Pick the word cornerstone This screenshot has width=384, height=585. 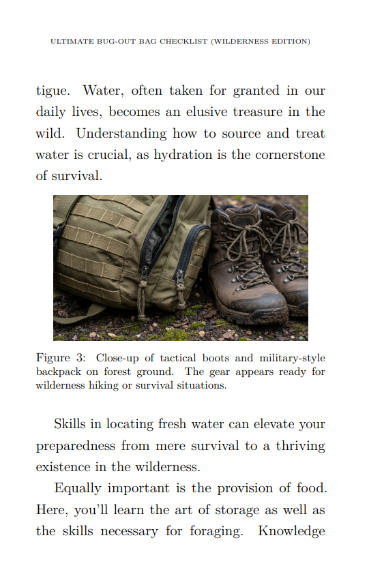290,155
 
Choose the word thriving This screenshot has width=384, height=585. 301,446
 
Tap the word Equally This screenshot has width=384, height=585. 76,488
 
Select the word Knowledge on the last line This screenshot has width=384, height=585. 291,530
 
